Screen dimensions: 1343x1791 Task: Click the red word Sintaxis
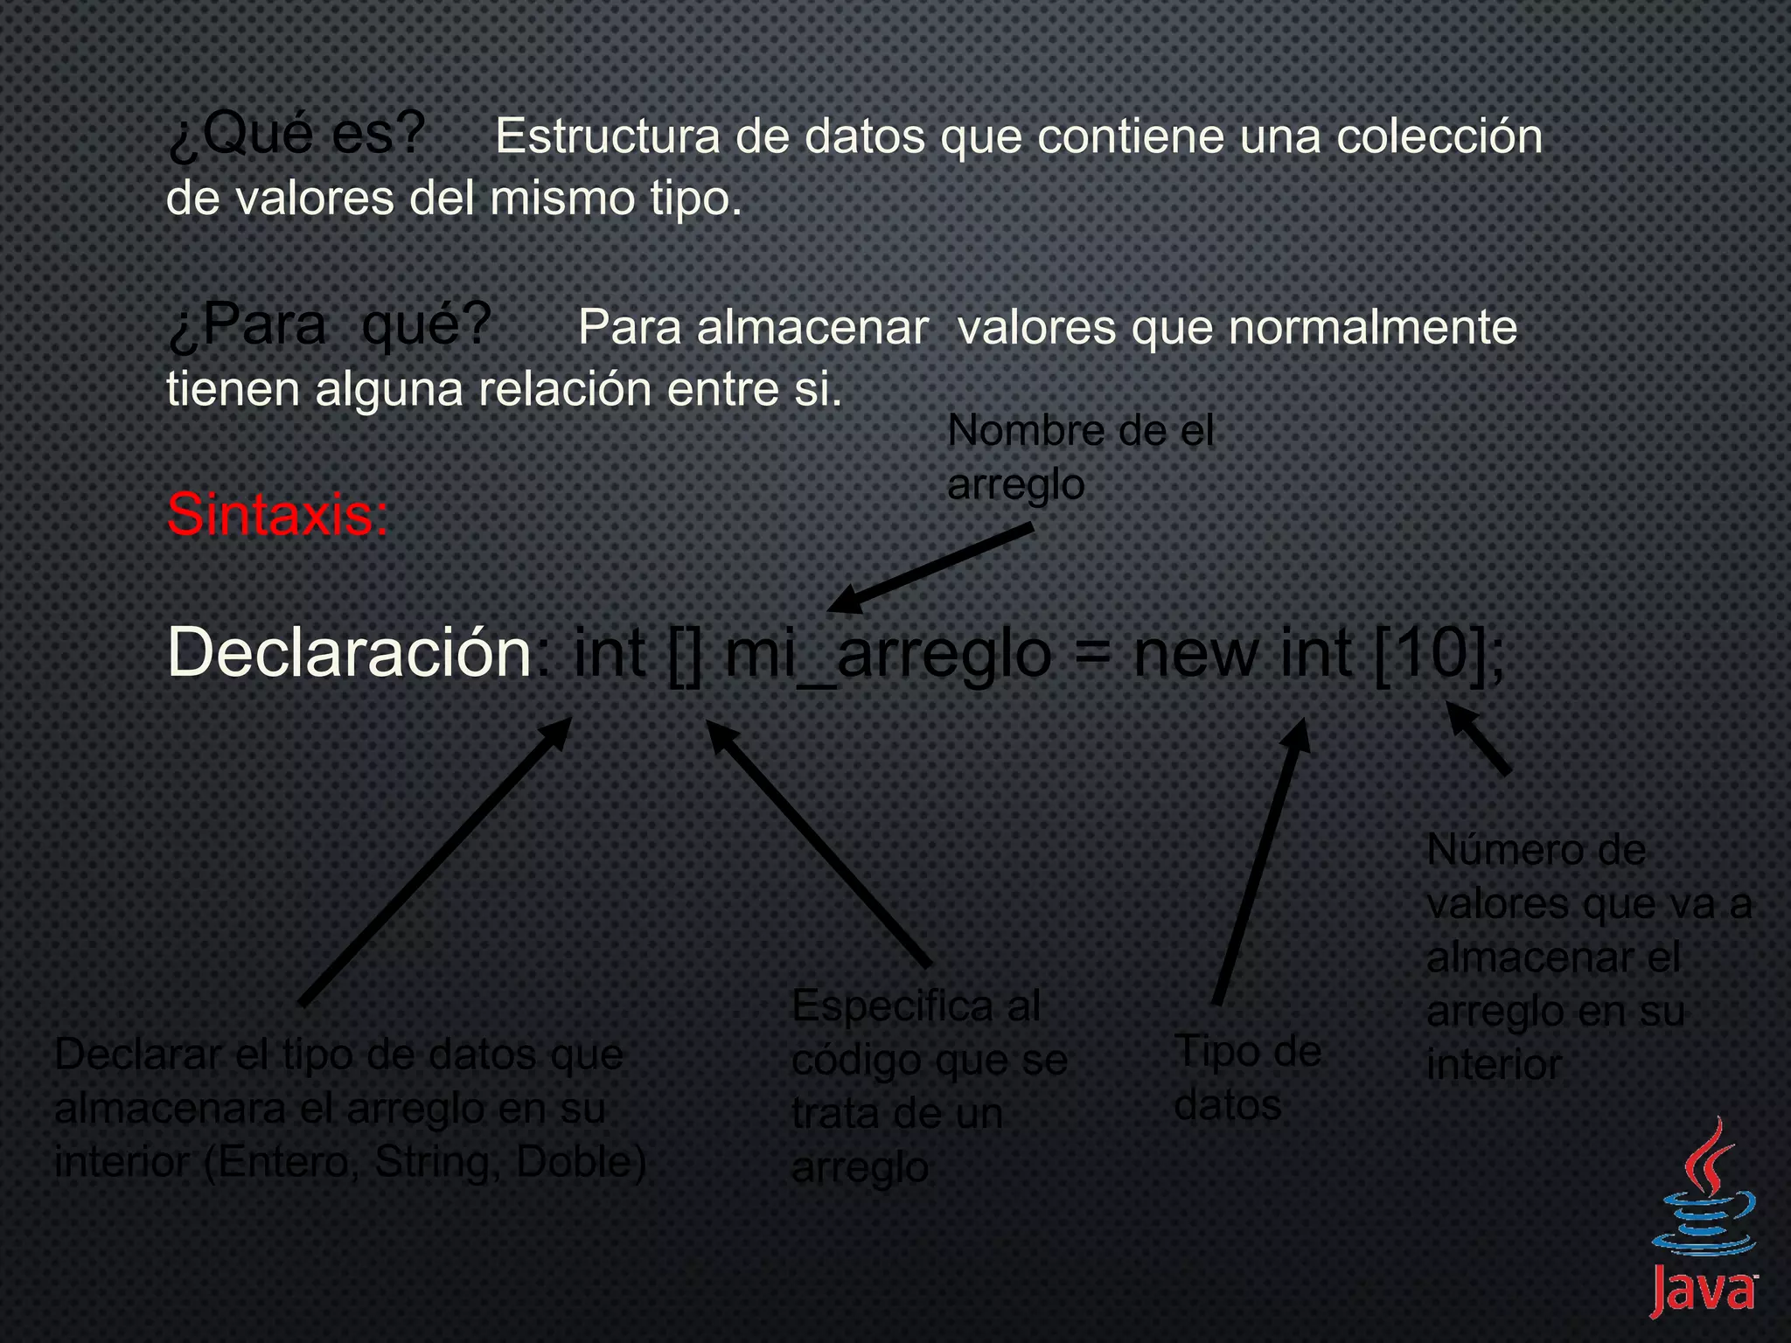pos(277,514)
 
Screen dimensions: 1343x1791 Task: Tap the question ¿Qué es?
pos(296,136)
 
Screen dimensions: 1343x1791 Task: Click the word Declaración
pos(349,652)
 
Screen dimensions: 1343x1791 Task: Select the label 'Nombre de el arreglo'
pos(1080,457)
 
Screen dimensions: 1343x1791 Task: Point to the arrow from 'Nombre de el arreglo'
pos(931,568)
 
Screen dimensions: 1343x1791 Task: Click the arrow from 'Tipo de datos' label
pos(1259,861)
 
